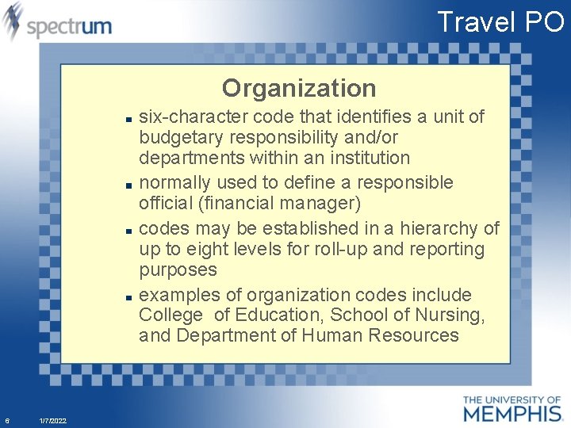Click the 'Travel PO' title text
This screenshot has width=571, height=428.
(x=500, y=21)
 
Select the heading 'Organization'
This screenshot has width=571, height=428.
(x=299, y=87)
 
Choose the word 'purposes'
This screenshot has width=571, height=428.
(x=178, y=269)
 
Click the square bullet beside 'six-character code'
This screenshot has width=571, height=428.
(x=128, y=118)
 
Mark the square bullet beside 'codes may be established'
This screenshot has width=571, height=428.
(x=128, y=230)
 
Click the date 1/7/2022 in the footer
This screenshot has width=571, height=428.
(x=52, y=420)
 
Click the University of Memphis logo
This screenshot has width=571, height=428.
(x=512, y=408)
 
